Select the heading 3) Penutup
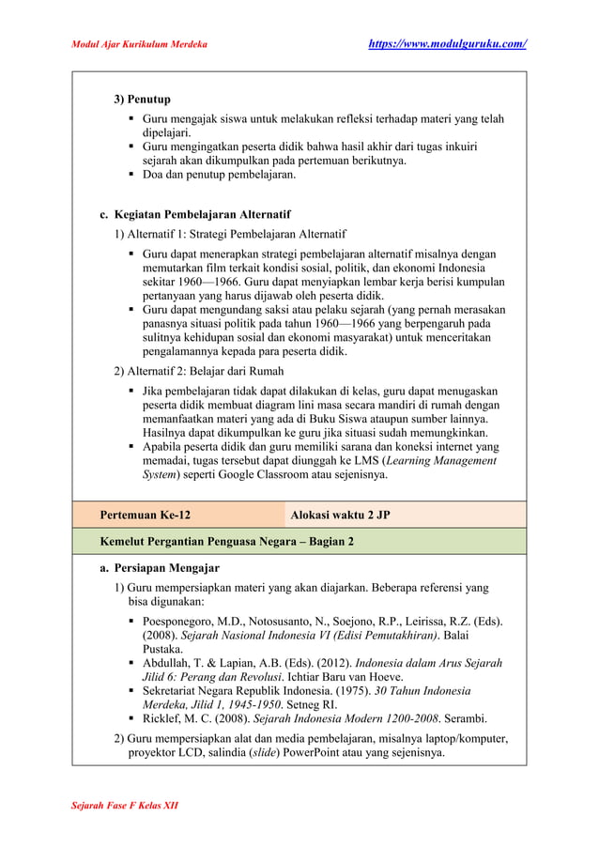[x=142, y=99]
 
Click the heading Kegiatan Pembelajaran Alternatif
[x=195, y=214]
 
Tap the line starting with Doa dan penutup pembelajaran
[x=219, y=175]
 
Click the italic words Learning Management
[x=439, y=460]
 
